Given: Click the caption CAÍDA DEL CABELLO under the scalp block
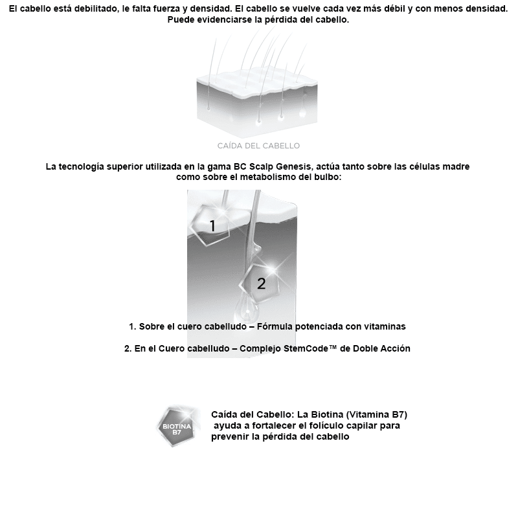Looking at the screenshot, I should click(258, 146).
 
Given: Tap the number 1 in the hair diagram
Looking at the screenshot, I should click(212, 226).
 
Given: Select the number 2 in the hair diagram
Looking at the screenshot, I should click(262, 284).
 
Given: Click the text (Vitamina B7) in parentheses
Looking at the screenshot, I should click(376, 414).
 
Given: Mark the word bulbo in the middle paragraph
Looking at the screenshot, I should click(328, 177).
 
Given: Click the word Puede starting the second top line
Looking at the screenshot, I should click(181, 19).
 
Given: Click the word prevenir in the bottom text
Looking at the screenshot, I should click(230, 436).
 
